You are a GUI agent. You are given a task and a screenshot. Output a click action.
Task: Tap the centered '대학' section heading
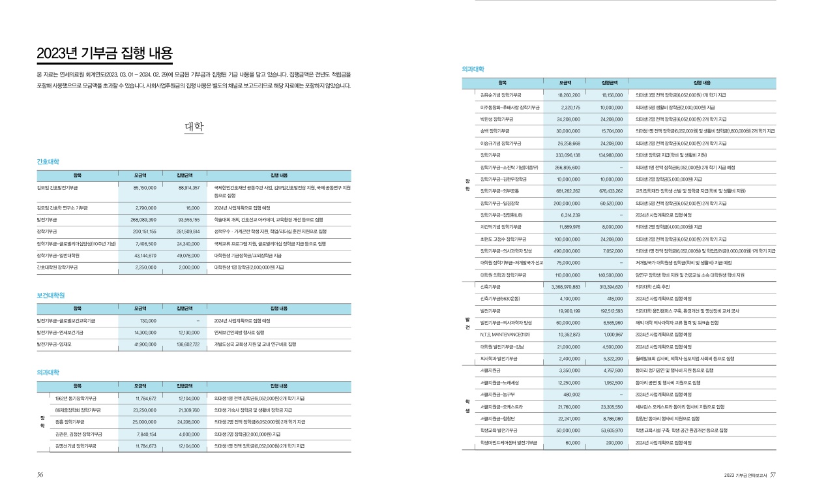tap(194, 127)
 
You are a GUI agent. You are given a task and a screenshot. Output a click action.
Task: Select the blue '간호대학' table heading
tap(48, 161)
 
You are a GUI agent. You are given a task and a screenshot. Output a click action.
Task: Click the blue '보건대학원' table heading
tap(51, 295)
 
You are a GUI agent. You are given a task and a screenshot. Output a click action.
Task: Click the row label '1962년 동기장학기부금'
tap(76, 398)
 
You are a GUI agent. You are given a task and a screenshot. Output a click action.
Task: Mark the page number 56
tap(40, 474)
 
